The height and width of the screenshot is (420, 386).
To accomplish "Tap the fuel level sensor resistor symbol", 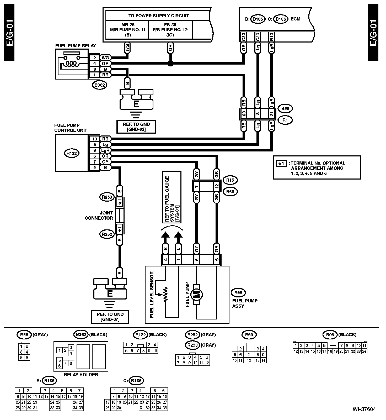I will click(x=165, y=295).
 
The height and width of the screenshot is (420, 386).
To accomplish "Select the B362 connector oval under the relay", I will click(x=100, y=85).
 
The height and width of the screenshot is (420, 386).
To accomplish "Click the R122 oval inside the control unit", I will click(x=72, y=153).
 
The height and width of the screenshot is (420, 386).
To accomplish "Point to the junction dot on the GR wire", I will click(x=170, y=63).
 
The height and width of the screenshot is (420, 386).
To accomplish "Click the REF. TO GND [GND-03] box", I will click(x=136, y=127).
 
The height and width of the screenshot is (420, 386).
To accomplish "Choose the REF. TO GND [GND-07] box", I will click(x=110, y=317).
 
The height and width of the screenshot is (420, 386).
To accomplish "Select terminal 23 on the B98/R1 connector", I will click(x=244, y=114).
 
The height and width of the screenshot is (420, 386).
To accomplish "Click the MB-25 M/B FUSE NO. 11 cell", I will click(x=127, y=30).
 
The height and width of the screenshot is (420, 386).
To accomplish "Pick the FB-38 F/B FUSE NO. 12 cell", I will click(x=170, y=30).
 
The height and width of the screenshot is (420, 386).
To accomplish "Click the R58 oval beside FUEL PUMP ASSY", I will click(x=238, y=293).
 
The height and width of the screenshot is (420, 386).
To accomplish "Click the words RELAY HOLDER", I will click(x=81, y=375).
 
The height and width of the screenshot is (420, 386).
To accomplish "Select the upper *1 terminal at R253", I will click(x=120, y=203).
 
